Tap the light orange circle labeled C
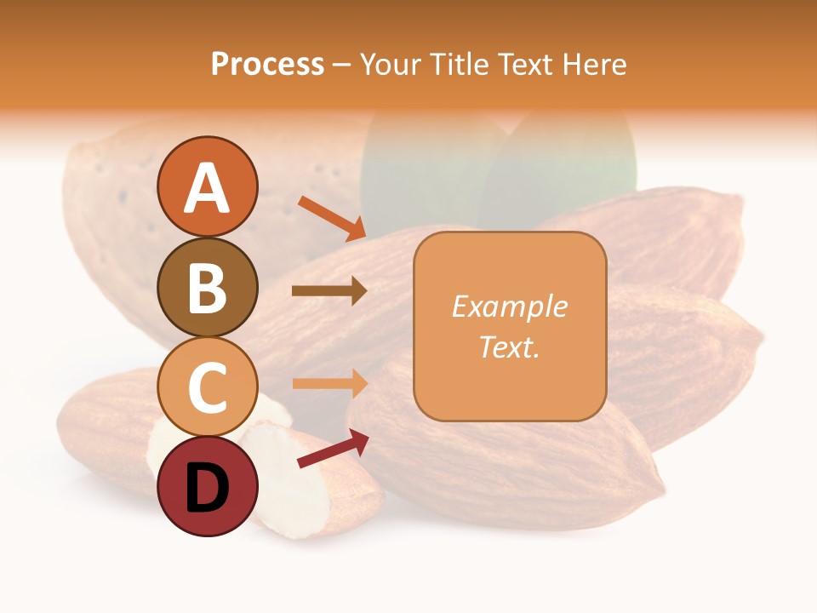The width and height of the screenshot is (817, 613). [x=208, y=387]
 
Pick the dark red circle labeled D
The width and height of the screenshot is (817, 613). [x=208, y=486]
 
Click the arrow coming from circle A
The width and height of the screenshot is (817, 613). [x=332, y=218]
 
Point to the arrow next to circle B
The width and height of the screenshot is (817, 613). [x=329, y=291]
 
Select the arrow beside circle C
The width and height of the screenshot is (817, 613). [x=329, y=383]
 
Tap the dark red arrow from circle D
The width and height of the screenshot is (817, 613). [x=333, y=450]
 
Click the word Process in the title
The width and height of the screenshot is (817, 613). [x=267, y=64]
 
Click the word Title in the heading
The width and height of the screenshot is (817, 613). [x=460, y=64]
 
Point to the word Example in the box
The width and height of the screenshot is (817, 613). [x=509, y=306]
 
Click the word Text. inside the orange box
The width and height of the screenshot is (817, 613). [x=509, y=347]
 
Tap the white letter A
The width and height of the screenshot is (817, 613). [x=208, y=188]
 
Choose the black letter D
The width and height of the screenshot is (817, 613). [x=208, y=488]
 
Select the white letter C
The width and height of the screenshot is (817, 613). [x=208, y=387]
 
